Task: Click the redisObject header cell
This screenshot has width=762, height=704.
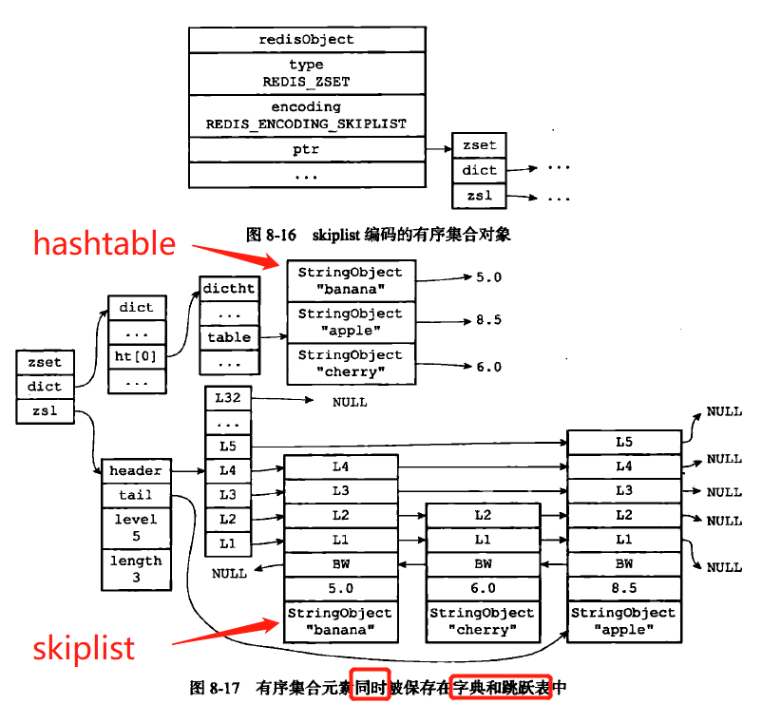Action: point(306,40)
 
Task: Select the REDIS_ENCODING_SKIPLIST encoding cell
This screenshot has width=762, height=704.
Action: point(306,116)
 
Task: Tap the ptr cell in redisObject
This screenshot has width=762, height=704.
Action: point(306,150)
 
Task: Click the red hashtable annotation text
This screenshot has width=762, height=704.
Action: point(105,244)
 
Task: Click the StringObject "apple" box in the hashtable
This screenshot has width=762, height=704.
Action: point(351,322)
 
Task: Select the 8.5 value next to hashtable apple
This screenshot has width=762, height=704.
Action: point(488,321)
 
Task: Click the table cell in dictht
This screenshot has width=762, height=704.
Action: point(229,337)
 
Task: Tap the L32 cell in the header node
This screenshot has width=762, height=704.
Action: point(228,399)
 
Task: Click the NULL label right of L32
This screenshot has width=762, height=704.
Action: point(350,402)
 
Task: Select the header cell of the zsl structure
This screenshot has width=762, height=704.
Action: point(136,471)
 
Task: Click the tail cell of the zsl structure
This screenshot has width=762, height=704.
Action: point(136,495)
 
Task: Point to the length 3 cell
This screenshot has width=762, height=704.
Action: point(136,568)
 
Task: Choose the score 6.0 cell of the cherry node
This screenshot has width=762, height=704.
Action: point(483,589)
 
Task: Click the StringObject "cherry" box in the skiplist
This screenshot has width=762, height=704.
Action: point(483,621)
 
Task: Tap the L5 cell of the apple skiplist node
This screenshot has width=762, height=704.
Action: point(623,443)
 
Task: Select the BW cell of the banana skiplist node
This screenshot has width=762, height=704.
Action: point(340,564)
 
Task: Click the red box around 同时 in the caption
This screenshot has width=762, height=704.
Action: point(370,686)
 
